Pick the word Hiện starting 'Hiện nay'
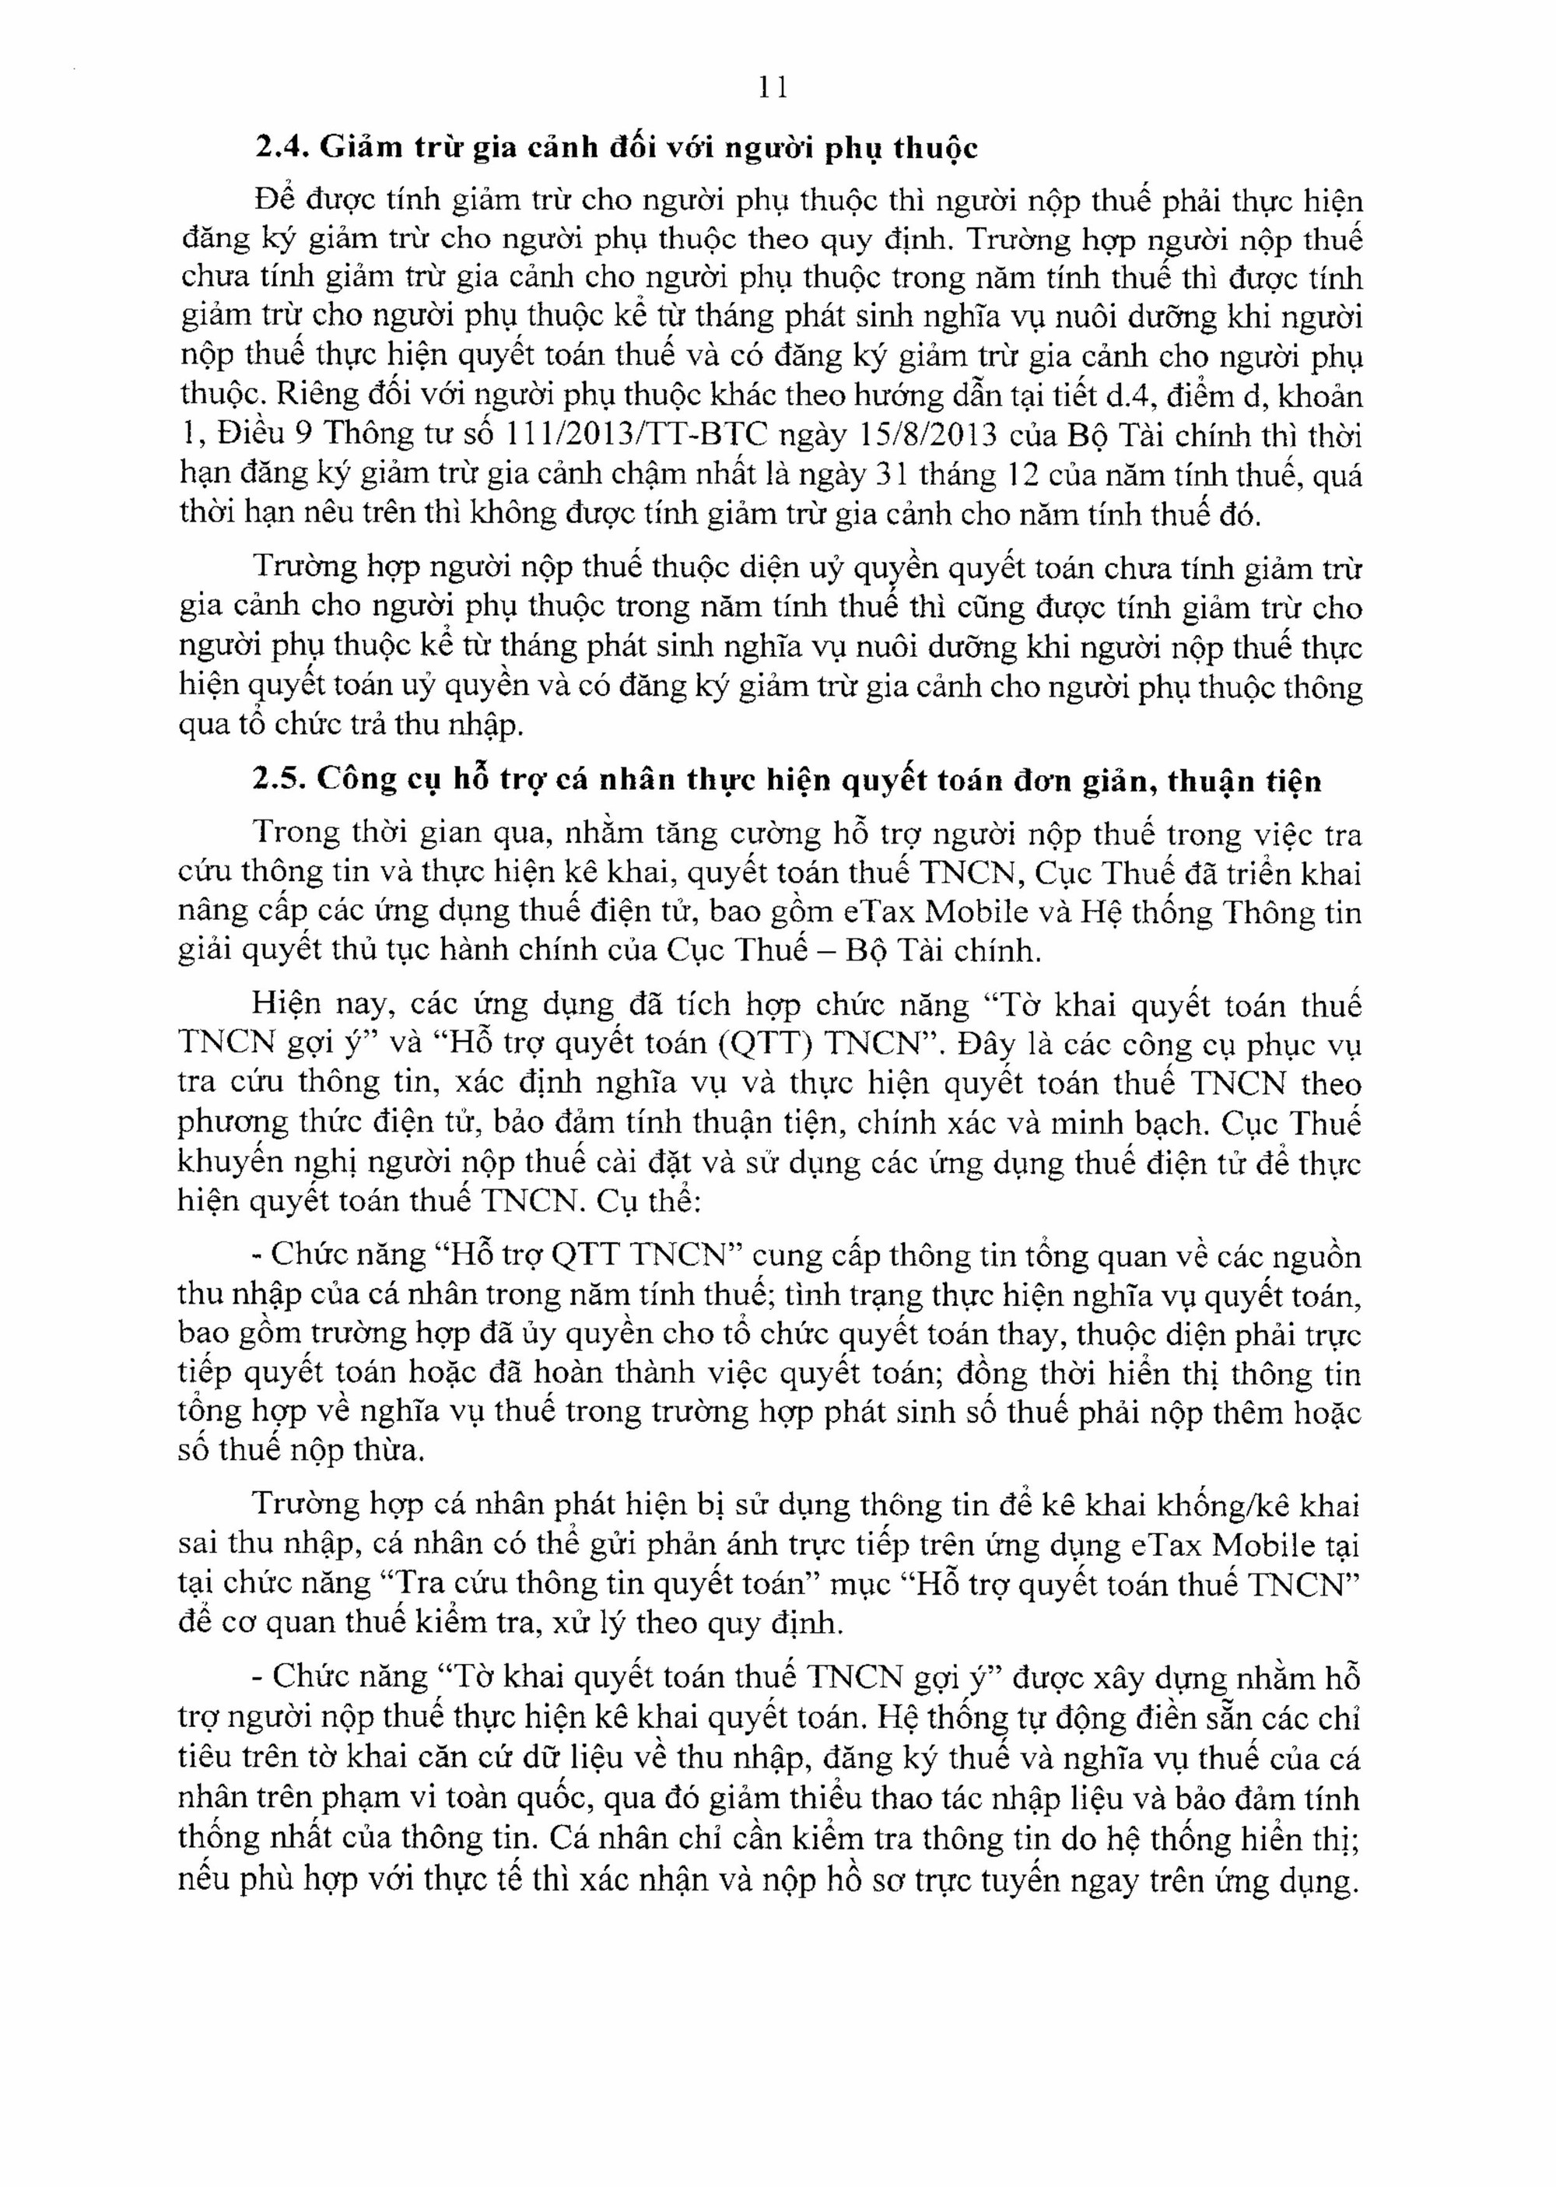coord(285,1006)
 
